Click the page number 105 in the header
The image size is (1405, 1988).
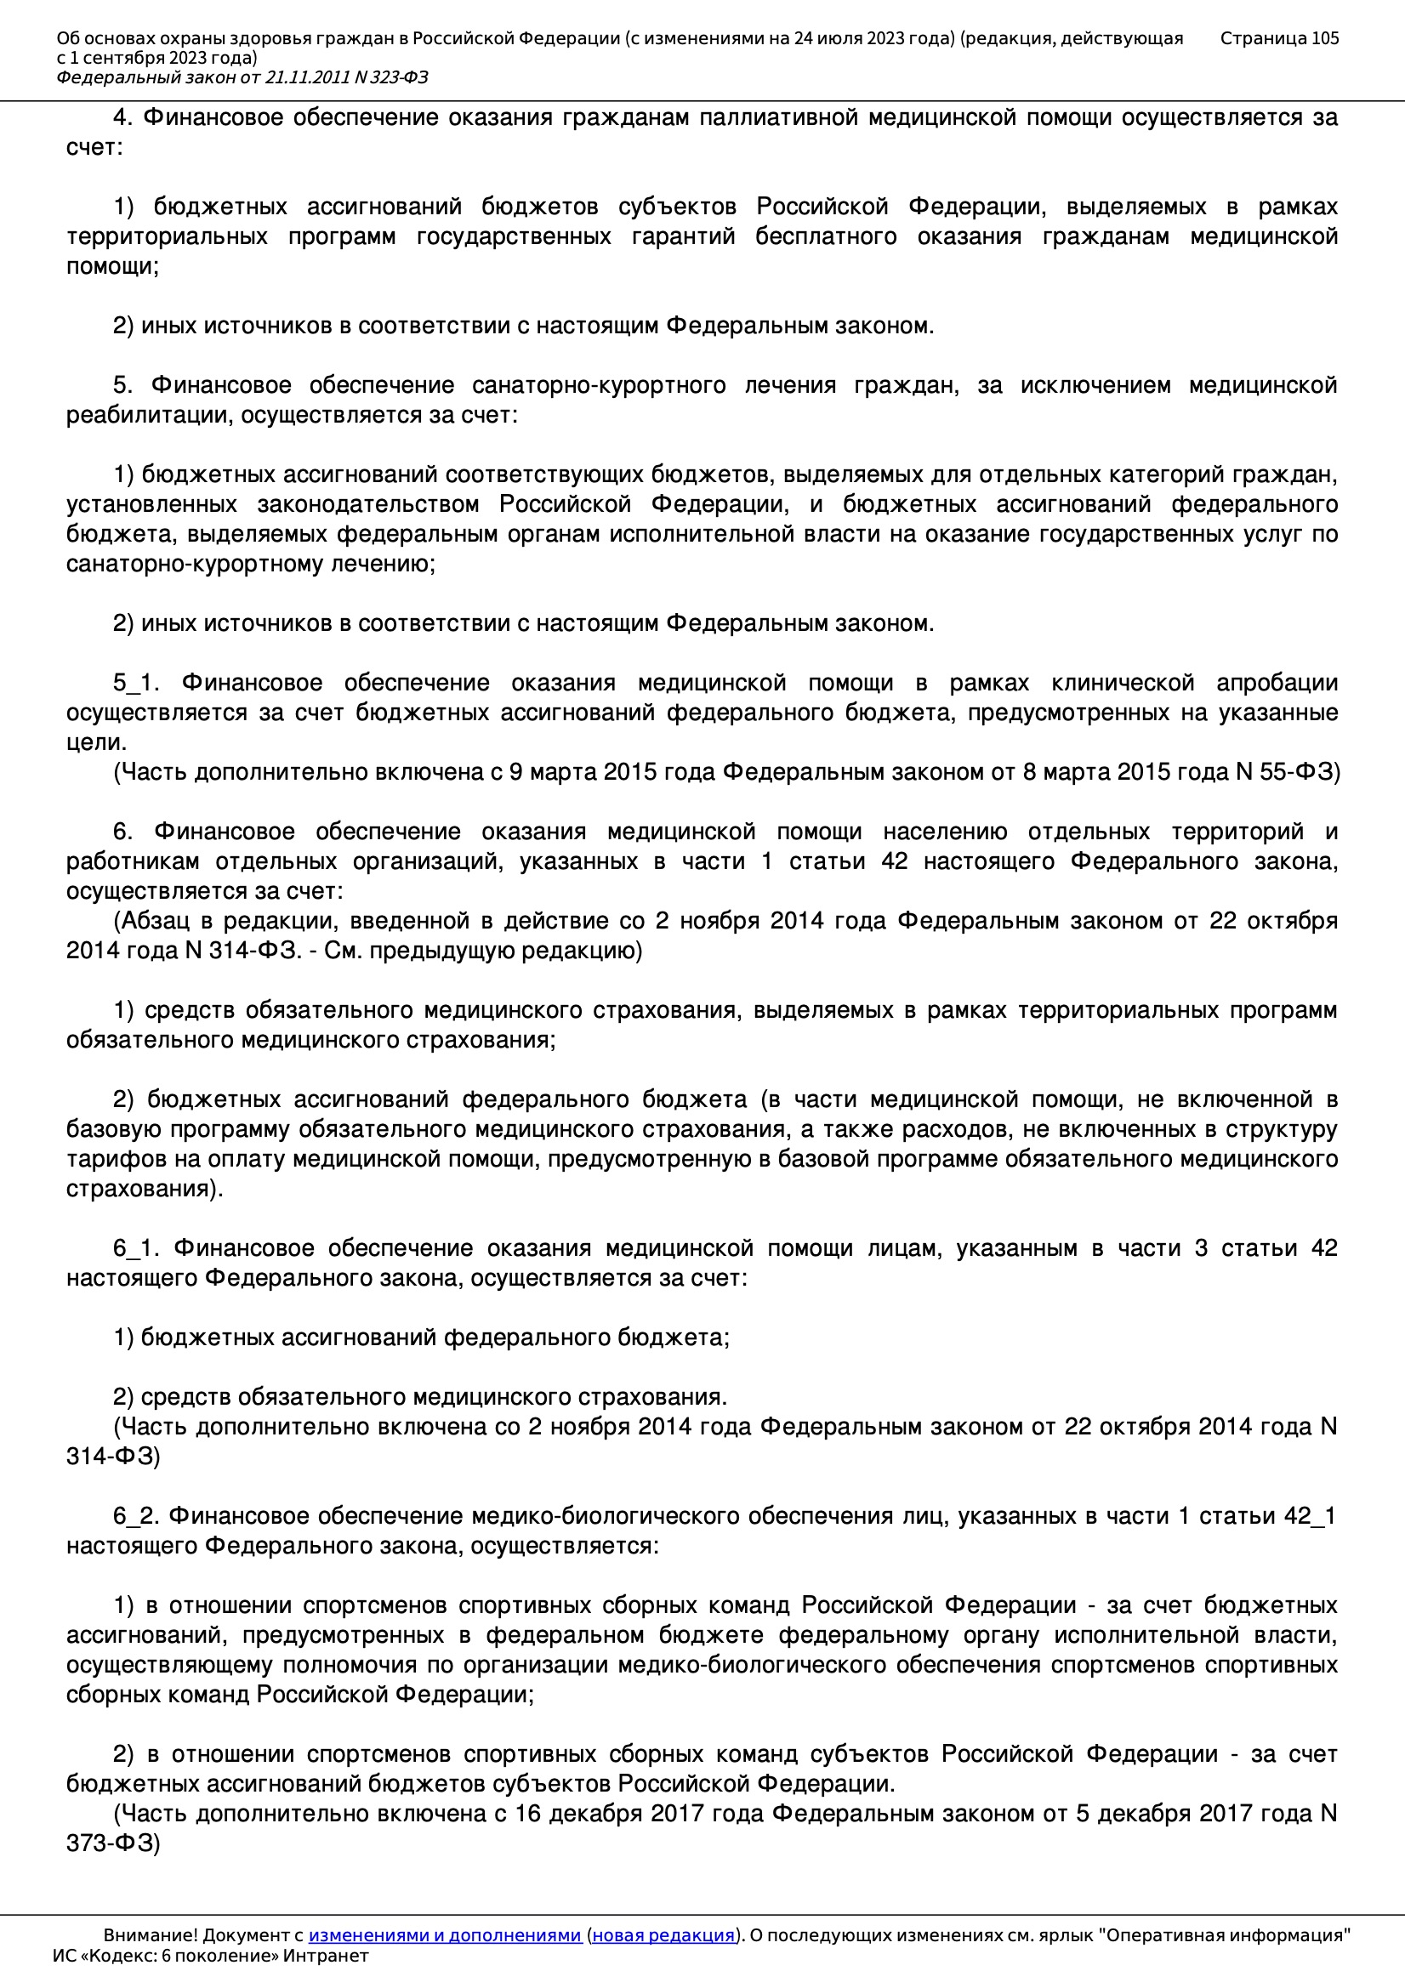click(1324, 38)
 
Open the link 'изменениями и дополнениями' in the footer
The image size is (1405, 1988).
click(444, 1934)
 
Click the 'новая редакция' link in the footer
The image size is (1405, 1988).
click(663, 1934)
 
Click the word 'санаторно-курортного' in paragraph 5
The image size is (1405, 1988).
click(599, 385)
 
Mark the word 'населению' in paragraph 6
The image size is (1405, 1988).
click(945, 832)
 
